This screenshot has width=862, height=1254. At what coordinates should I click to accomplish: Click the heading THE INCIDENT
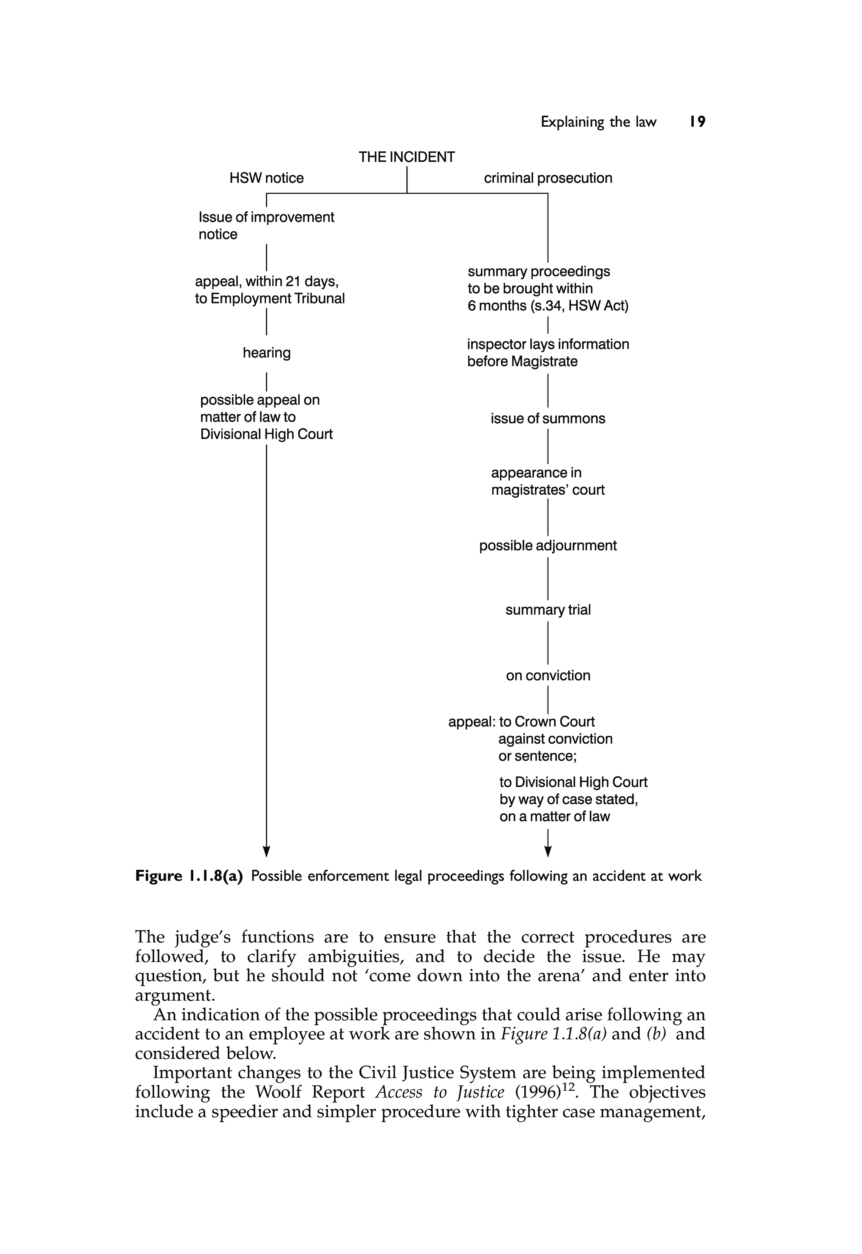pyautogui.click(x=407, y=157)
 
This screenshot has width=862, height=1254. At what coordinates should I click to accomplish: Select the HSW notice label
pyautogui.click(x=266, y=178)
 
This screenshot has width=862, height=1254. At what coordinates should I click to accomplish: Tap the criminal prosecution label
pyautogui.click(x=548, y=178)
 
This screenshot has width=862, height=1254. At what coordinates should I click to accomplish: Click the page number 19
pyautogui.click(x=697, y=122)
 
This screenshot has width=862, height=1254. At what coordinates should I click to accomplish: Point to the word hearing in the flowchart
pyautogui.click(x=266, y=353)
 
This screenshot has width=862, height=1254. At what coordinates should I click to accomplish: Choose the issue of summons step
pyautogui.click(x=548, y=419)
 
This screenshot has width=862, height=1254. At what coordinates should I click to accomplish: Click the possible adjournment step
pyautogui.click(x=548, y=546)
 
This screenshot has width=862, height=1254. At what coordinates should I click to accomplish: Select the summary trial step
pyautogui.click(x=548, y=610)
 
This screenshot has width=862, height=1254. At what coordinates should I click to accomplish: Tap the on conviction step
pyautogui.click(x=548, y=676)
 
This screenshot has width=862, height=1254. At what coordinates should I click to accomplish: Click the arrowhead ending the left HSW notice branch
pyautogui.click(x=266, y=851)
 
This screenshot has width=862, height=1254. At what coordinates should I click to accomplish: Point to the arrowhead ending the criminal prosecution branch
pyautogui.click(x=548, y=851)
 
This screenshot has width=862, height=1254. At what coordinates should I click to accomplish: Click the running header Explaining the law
pyautogui.click(x=599, y=122)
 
